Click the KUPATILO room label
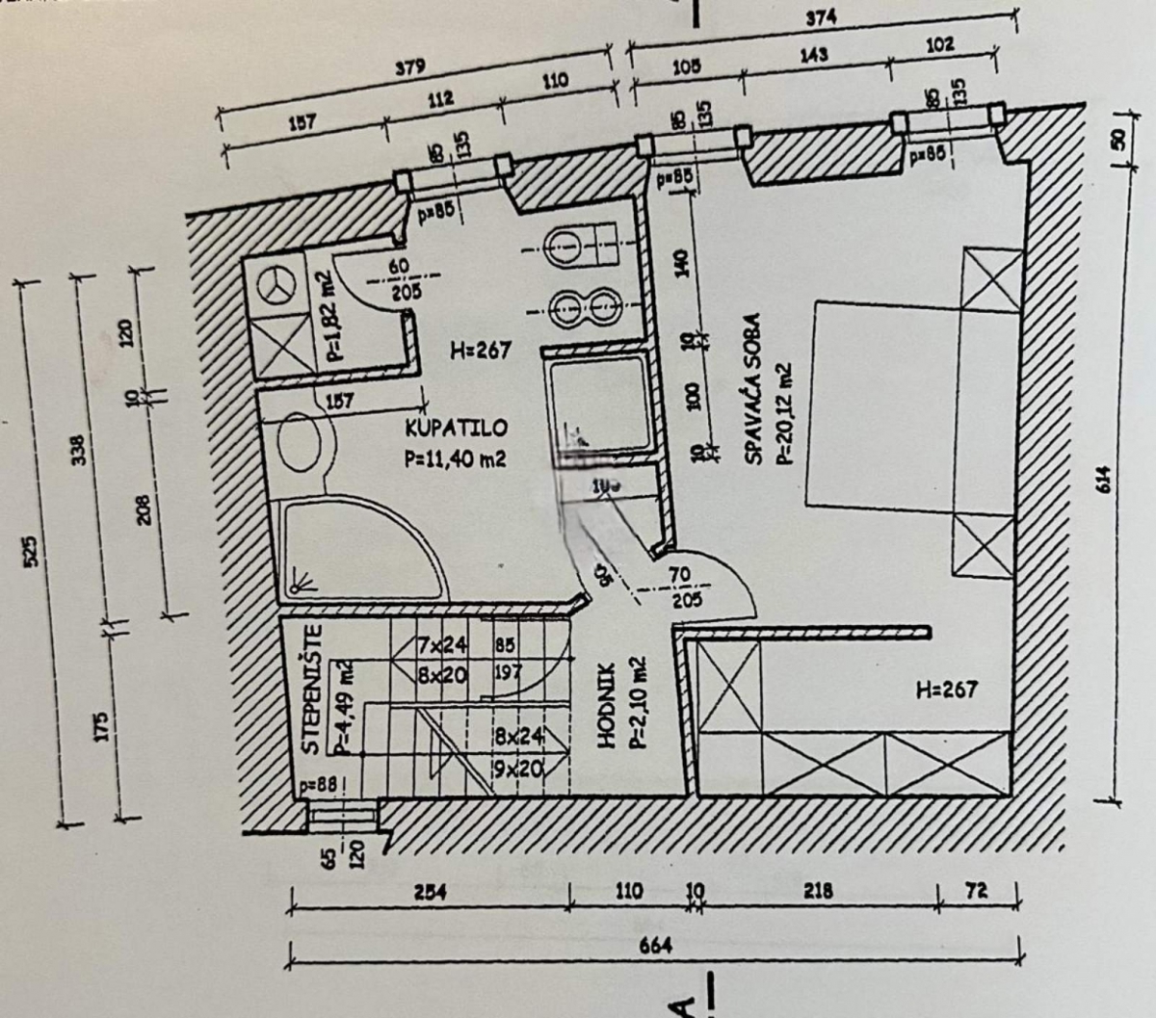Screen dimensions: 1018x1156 456,428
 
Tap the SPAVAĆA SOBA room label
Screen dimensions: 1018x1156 753,388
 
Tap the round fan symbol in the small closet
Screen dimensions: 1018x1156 277,282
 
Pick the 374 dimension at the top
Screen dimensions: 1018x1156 822,16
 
